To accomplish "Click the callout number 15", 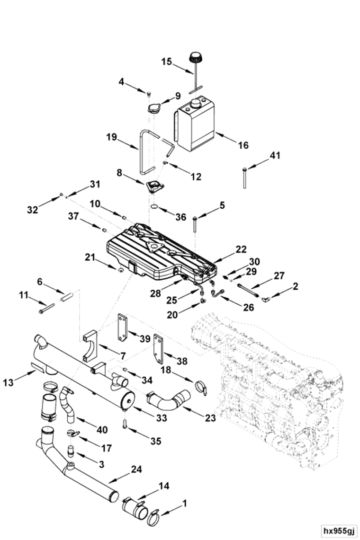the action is click(166, 62).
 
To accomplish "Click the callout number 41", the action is click(275, 156).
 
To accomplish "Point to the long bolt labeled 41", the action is click(244, 177).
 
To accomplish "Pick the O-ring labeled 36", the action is click(154, 207).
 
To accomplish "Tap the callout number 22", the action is click(242, 249).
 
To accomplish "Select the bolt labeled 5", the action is click(195, 224).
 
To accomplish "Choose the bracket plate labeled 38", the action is click(158, 349).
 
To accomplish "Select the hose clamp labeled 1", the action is click(154, 518).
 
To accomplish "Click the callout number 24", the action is click(136, 469).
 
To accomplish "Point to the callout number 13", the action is click(8, 382).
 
